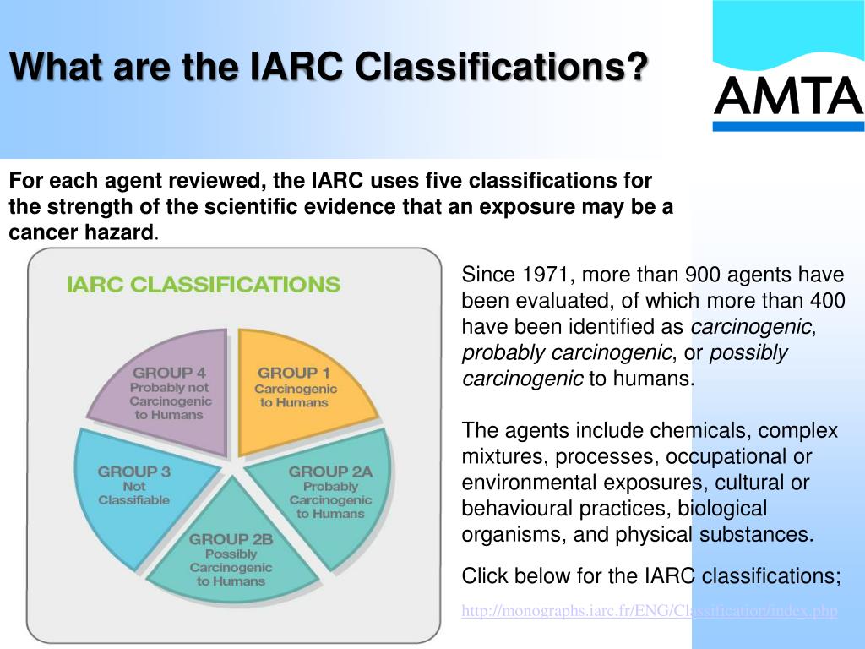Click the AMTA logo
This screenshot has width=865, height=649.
pyautogui.click(x=788, y=95)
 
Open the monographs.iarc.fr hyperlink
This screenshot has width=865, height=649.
pyautogui.click(x=649, y=611)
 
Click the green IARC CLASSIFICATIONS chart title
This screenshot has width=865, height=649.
pyautogui.click(x=203, y=285)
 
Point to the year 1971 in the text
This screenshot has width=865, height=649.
pyautogui.click(x=547, y=275)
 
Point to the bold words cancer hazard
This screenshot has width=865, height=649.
pyautogui.click(x=82, y=233)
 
